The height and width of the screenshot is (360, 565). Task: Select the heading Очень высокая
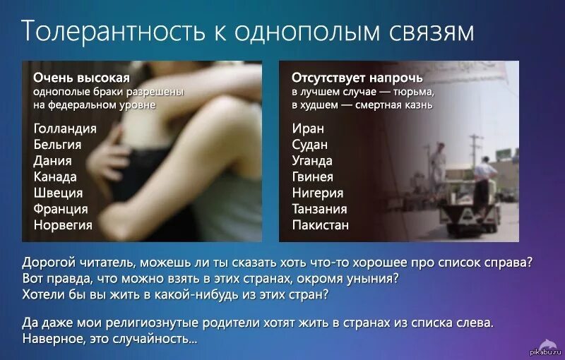point(81,78)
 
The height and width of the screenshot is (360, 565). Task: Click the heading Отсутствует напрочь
point(357,78)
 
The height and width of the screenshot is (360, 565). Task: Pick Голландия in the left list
point(64,128)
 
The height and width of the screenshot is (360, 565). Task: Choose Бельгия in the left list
point(57,145)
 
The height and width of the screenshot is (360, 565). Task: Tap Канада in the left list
point(55,176)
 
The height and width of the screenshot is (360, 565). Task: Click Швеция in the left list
point(58,193)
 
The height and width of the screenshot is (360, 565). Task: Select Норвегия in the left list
point(63,225)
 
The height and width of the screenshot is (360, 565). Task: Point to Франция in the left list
point(61,209)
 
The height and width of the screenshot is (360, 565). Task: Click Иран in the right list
point(308,128)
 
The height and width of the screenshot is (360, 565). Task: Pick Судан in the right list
point(310,145)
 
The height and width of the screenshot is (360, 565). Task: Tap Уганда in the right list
point(312,161)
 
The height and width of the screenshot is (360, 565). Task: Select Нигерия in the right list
point(318,193)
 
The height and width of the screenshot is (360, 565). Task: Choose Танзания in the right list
point(319,209)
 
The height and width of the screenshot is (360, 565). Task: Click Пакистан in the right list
point(320,225)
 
